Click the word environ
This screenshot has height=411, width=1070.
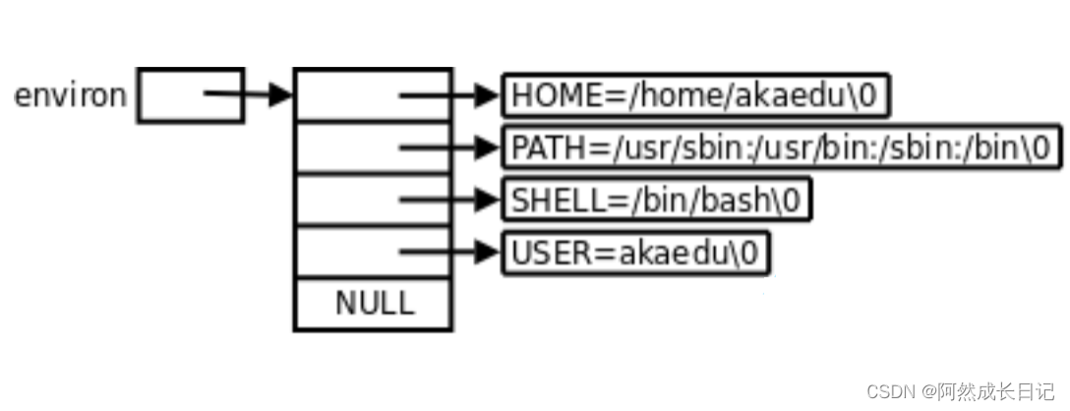(70, 96)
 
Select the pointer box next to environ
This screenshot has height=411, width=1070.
(190, 95)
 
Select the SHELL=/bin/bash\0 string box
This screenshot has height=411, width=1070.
(657, 201)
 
